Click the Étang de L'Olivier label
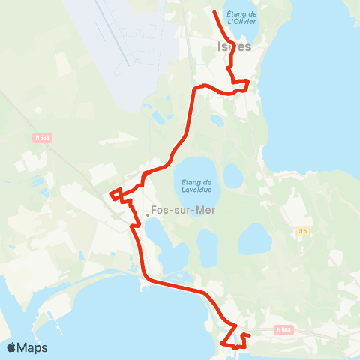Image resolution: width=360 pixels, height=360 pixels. click(241, 17)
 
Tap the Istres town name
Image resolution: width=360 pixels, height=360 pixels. click(234, 46)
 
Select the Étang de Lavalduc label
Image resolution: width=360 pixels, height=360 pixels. click(199, 183)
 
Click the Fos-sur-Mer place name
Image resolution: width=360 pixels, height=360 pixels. click(183, 211)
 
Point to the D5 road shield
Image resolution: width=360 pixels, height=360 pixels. click(302, 229)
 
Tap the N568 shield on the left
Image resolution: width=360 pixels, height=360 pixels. click(42, 137)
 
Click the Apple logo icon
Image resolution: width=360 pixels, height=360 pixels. click(11, 347)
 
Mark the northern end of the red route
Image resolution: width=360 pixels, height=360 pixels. click(215, 12)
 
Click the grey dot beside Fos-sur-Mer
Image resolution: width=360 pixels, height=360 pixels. click(148, 215)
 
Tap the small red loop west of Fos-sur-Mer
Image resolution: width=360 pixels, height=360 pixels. click(116, 195)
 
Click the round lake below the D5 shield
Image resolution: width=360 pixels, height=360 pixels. click(254, 238)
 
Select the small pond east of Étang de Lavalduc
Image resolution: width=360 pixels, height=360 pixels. click(233, 176)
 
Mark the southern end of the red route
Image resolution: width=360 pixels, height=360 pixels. click(222, 343)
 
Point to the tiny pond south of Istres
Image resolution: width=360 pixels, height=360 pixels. click(217, 120)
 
